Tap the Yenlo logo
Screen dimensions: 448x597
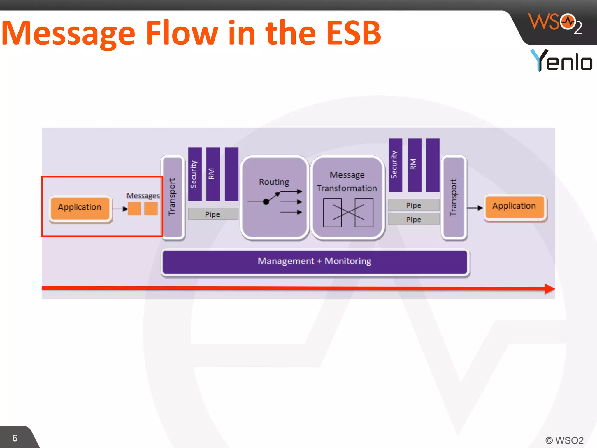[561, 60]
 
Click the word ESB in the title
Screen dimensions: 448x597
[353, 33]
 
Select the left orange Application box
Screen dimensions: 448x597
[80, 208]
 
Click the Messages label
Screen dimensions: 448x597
[143, 196]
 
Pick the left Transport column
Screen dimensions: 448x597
[173, 197]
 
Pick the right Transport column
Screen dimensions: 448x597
[453, 197]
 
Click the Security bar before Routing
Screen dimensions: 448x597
[194, 174]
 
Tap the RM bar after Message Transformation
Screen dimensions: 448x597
[414, 165]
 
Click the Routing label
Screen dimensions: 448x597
[274, 182]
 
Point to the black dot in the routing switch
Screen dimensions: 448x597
[266, 202]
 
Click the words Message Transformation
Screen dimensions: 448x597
[347, 181]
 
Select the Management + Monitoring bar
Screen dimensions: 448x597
[315, 261]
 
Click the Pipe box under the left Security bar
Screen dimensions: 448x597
[213, 214]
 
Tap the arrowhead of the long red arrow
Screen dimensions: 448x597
[549, 289]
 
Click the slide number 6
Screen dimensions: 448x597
[15, 438]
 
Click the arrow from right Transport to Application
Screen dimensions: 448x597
[475, 208]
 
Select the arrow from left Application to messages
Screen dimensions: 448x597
[120, 209]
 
